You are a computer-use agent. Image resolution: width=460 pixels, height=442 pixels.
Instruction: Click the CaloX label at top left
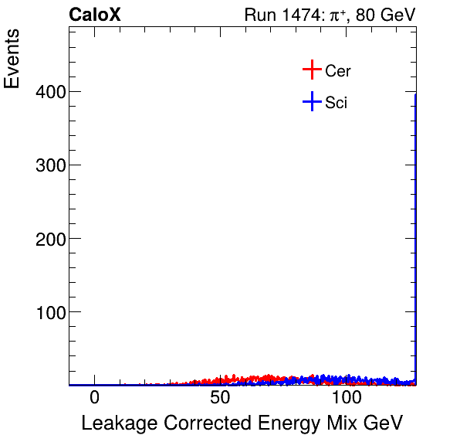[x=94, y=15]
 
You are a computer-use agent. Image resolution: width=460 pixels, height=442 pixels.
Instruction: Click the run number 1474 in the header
[x=294, y=15]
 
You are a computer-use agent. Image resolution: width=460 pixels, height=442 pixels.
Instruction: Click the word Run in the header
[x=259, y=15]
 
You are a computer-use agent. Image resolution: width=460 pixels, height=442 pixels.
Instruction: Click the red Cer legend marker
[x=311, y=70]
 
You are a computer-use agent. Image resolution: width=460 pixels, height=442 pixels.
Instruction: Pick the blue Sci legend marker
[x=311, y=101]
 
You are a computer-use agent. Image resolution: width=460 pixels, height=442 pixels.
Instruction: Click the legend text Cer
[x=338, y=71]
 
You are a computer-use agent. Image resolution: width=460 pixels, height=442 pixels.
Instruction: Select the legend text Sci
[x=337, y=102]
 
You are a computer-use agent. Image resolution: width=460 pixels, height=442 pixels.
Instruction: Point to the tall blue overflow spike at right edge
[x=415, y=232]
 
